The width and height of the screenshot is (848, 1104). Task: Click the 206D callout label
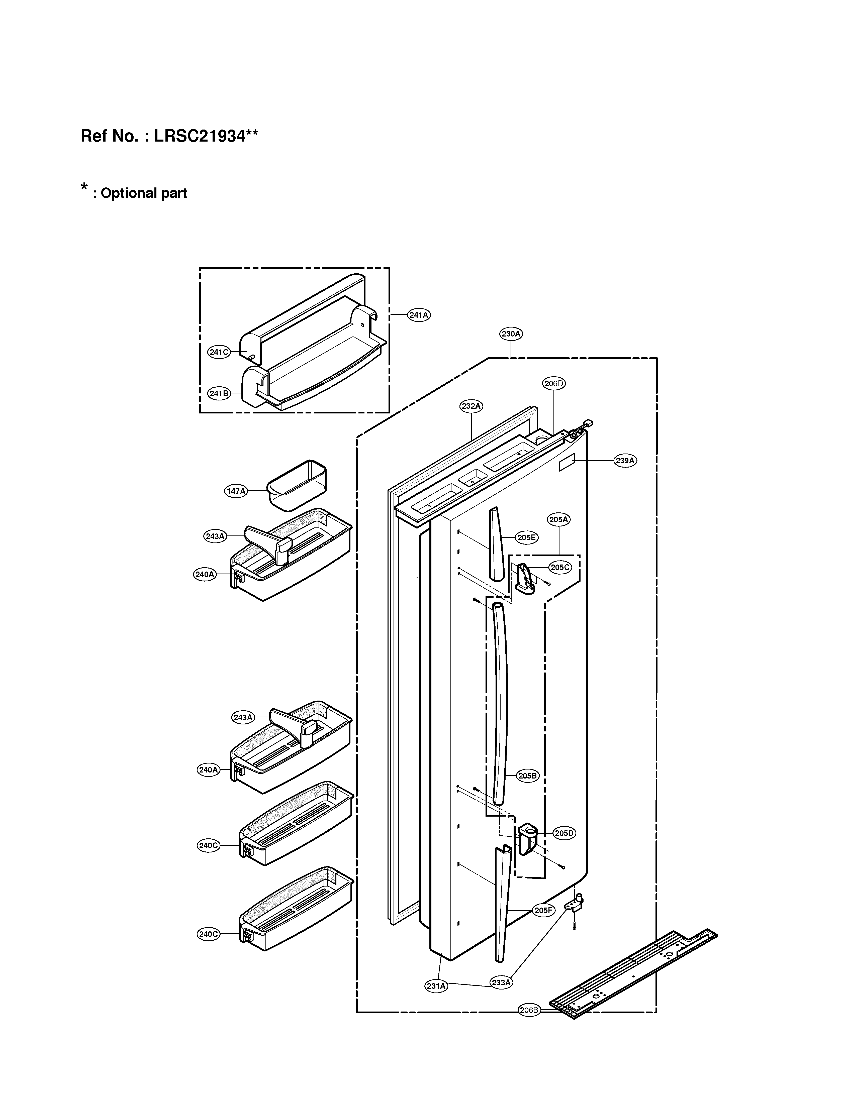(x=554, y=383)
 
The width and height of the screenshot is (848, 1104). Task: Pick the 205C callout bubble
(x=560, y=567)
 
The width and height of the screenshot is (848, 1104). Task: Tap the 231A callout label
(x=436, y=986)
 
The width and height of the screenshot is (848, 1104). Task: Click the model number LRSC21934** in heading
(x=206, y=136)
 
